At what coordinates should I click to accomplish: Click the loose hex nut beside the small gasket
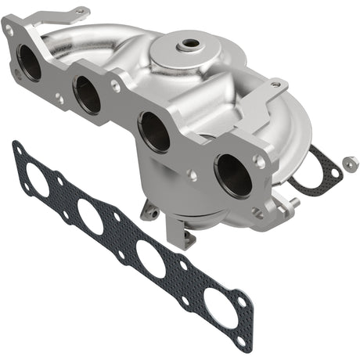point(349,164)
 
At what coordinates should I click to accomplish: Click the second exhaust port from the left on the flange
point(87,95)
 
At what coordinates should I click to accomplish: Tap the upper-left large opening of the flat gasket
point(38,180)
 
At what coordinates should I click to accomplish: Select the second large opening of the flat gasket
point(89,217)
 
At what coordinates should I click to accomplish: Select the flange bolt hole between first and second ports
point(59,98)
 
